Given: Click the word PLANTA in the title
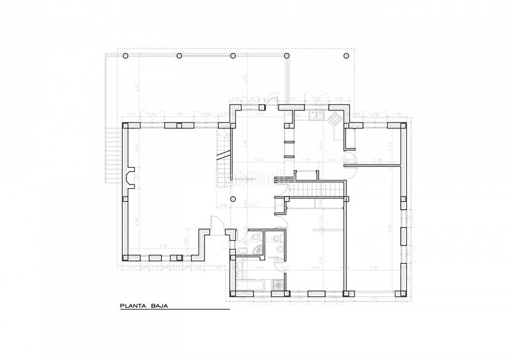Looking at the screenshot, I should click(131, 306).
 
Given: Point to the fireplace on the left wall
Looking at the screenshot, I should click(130, 179).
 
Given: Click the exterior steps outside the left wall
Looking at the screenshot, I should click(113, 156).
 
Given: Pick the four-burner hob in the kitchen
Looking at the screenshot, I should click(335, 117).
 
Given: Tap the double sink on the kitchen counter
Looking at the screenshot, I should click(316, 117).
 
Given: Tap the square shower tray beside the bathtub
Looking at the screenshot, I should click(278, 285).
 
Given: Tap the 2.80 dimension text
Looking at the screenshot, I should click(378, 160).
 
